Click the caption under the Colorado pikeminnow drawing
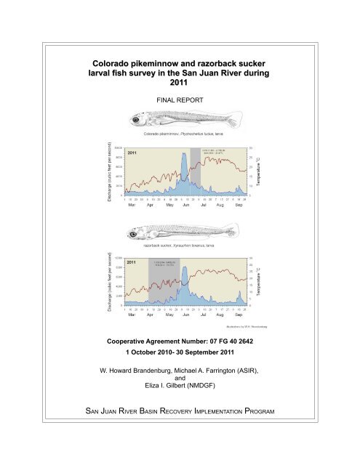coord(180,134)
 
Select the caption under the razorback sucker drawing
coord(180,246)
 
